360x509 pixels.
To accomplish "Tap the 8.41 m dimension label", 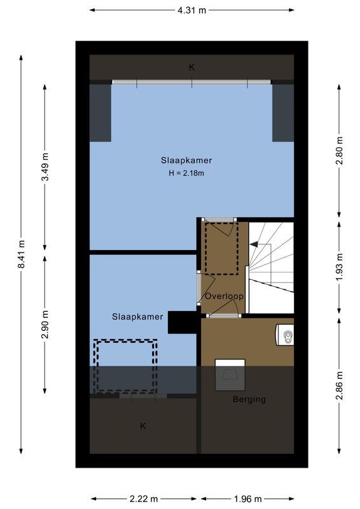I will pyautogui.click(x=22, y=254).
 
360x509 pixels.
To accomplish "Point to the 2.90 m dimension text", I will pyautogui.click(x=45, y=323).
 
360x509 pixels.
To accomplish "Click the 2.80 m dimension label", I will pyautogui.click(x=339, y=150).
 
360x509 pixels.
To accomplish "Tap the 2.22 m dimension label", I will pyautogui.click(x=144, y=499).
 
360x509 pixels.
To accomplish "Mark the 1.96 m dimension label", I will pyautogui.click(x=248, y=499).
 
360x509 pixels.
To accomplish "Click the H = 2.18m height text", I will pyautogui.click(x=186, y=173).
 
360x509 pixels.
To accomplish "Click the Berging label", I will pyautogui.click(x=249, y=400).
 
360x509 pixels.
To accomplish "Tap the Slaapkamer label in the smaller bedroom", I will pyautogui.click(x=137, y=316).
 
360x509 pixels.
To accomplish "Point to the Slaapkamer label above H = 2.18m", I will pyautogui.click(x=186, y=160).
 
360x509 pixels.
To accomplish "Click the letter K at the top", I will pyautogui.click(x=191, y=67).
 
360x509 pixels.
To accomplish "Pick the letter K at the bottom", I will pyautogui.click(x=142, y=426).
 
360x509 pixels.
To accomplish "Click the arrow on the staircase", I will pyautogui.click(x=254, y=243).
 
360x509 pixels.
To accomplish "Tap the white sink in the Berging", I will pyautogui.click(x=286, y=335).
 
